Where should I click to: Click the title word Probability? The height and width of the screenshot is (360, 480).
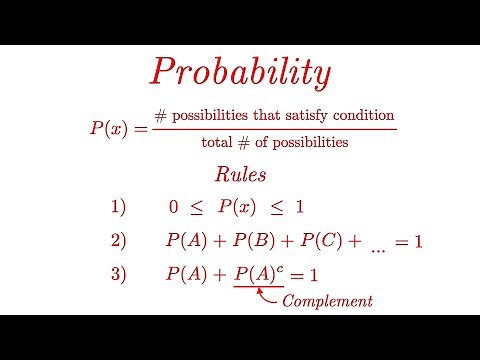(239, 70)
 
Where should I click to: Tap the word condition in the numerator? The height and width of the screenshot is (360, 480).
(362, 115)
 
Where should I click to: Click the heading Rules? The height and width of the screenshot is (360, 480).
(239, 174)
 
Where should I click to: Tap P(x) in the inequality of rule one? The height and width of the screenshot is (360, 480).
(238, 208)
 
